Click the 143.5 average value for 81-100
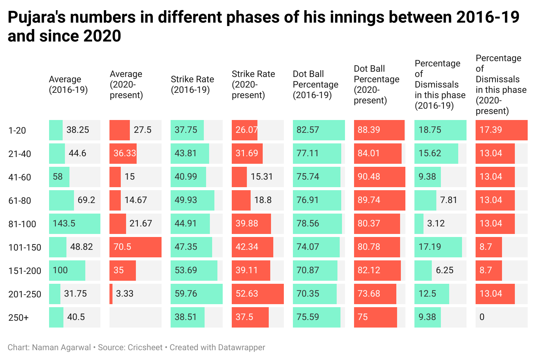point(64,223)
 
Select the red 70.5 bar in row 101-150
point(135,247)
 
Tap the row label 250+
point(18,318)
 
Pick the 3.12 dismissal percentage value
point(436,223)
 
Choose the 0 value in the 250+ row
point(482,317)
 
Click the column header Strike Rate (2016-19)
point(192,85)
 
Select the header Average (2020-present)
point(126,85)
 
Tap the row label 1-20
point(17,131)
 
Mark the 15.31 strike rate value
point(262,177)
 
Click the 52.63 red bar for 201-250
point(257,294)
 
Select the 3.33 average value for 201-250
point(125,294)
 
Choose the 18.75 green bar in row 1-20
point(440,130)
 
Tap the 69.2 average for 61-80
point(86,200)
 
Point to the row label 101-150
point(25,248)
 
